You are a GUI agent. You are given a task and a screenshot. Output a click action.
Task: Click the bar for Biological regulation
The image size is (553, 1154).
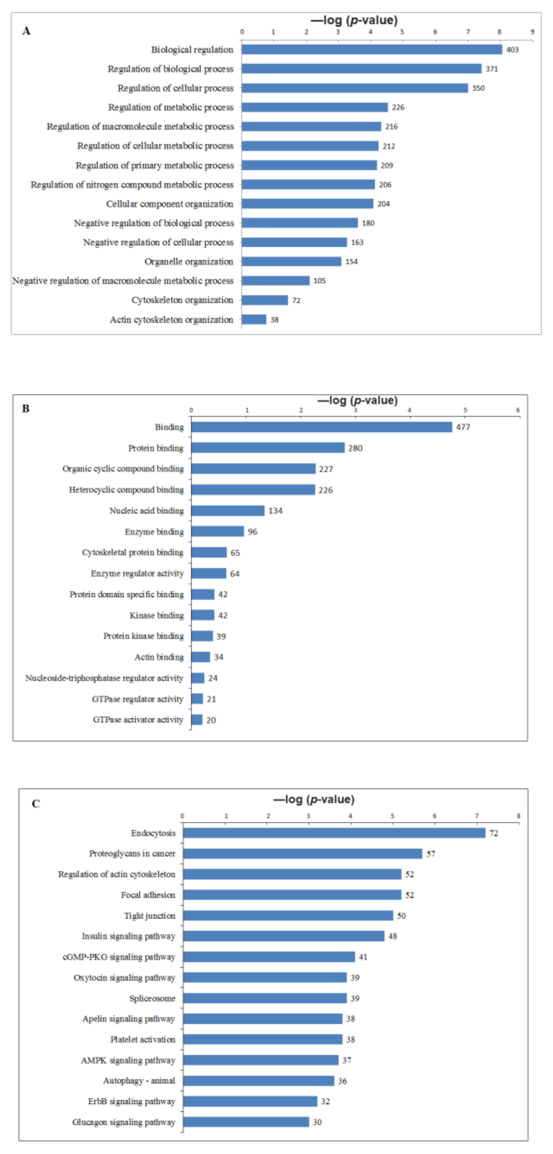click(x=372, y=49)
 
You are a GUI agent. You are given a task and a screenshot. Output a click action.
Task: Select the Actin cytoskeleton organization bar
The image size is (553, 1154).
click(x=254, y=319)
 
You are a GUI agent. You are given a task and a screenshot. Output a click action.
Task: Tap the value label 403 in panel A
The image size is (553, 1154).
click(x=512, y=50)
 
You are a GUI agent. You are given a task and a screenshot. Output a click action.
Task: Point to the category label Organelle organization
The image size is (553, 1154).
click(x=189, y=262)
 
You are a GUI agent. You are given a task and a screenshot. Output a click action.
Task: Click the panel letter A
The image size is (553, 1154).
click(x=26, y=31)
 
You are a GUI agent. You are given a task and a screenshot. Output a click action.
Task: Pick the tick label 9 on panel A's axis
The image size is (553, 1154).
click(x=532, y=32)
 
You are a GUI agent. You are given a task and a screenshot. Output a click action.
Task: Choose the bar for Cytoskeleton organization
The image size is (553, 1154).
click(x=265, y=300)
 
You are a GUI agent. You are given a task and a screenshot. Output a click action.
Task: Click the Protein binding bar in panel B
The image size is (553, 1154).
click(x=268, y=448)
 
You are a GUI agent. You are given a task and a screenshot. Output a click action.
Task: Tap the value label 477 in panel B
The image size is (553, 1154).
click(x=463, y=427)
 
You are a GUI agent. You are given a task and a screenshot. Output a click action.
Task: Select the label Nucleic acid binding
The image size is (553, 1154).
click(x=146, y=511)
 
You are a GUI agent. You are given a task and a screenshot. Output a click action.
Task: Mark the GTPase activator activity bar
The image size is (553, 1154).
click(x=197, y=720)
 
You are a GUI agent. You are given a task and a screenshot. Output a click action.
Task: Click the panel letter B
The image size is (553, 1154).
click(x=26, y=408)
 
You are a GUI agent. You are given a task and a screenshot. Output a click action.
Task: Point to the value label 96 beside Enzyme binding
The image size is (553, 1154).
click(x=253, y=532)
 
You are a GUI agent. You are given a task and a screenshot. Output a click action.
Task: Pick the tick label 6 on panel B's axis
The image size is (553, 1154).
click(x=518, y=410)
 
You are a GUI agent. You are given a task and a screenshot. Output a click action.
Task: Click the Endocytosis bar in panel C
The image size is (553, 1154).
click(x=334, y=833)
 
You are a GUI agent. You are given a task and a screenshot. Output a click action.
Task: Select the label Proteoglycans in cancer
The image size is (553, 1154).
click(x=132, y=853)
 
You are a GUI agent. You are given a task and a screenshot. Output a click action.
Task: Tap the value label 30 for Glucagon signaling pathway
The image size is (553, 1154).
click(x=317, y=1122)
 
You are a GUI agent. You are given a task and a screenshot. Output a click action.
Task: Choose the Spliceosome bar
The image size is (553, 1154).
click(x=265, y=998)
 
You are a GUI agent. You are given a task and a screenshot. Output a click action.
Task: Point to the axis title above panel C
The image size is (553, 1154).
click(x=314, y=799)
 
